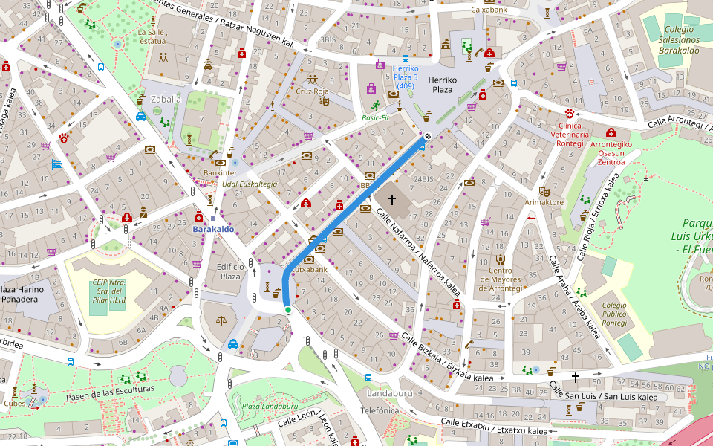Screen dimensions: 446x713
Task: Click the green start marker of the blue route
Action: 287,309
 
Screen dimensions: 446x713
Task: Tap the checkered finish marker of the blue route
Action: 428,135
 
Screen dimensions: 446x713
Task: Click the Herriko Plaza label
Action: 442,84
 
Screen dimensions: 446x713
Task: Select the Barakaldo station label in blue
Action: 213,229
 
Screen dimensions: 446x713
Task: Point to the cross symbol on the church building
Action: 391,200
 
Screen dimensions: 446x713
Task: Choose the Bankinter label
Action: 220,172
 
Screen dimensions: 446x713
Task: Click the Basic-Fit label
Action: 376,117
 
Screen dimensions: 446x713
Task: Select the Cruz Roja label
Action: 312,91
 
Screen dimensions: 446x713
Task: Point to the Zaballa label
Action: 166,99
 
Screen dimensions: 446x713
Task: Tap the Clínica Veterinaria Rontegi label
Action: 570,135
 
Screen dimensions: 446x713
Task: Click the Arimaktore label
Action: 544,202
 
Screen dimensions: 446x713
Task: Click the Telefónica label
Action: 380,410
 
